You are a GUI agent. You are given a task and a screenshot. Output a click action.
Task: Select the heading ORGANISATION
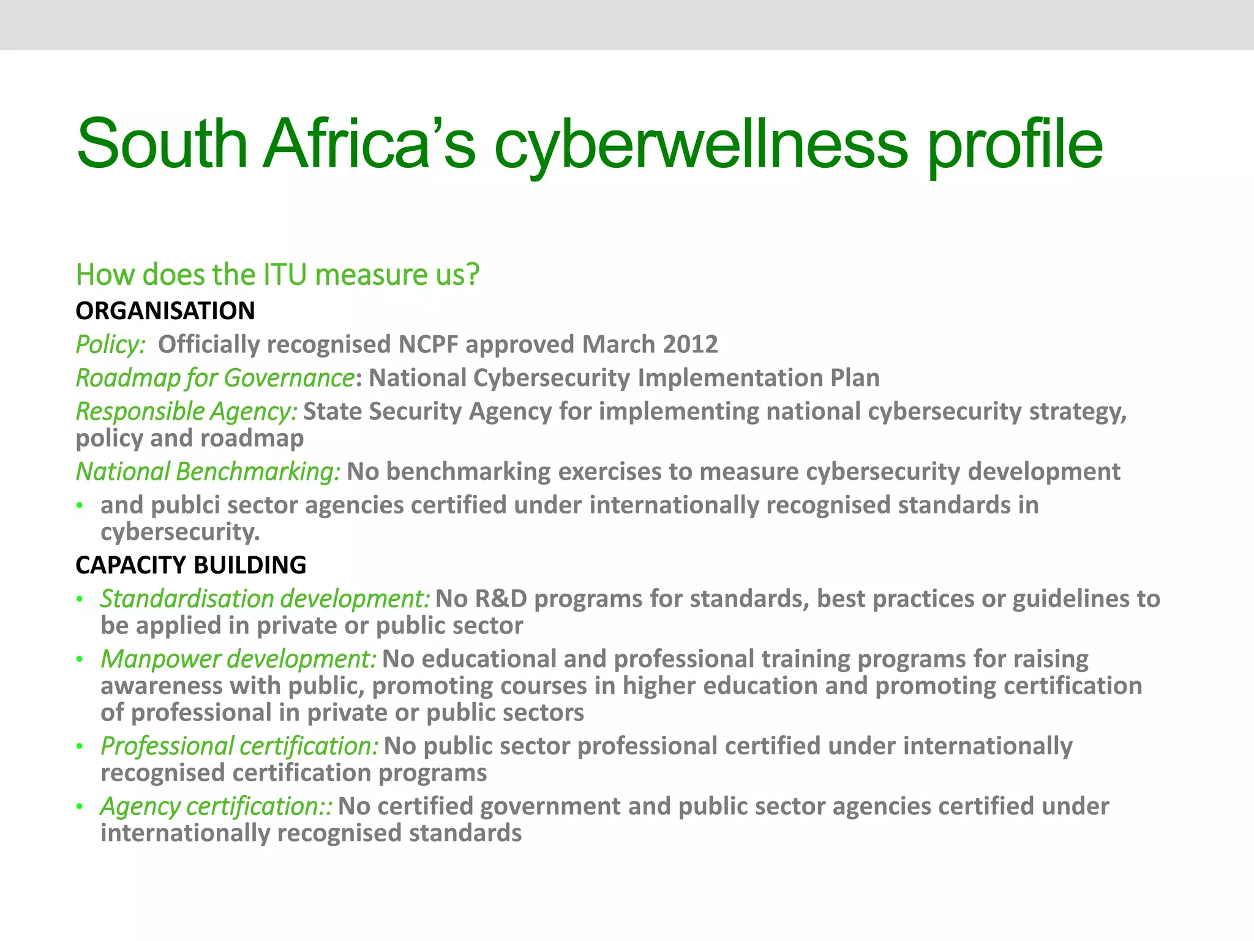165,311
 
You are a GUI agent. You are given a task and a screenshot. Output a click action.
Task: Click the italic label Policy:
111,345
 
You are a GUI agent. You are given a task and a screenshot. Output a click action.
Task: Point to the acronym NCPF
428,344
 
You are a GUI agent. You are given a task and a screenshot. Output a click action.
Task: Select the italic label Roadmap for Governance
215,378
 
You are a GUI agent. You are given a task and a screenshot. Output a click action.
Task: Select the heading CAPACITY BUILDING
191,565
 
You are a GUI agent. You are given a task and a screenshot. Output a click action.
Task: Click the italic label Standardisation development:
265,599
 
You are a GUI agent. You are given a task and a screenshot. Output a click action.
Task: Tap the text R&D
501,599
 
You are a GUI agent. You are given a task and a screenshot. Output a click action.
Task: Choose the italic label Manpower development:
239,659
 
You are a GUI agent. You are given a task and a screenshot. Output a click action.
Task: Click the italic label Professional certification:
239,746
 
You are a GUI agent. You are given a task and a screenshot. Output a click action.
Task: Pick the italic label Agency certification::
216,806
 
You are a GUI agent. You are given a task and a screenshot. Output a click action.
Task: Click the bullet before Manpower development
80,660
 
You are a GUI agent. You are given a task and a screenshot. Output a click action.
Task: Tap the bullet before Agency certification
80,807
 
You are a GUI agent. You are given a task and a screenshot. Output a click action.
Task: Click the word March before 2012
618,344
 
